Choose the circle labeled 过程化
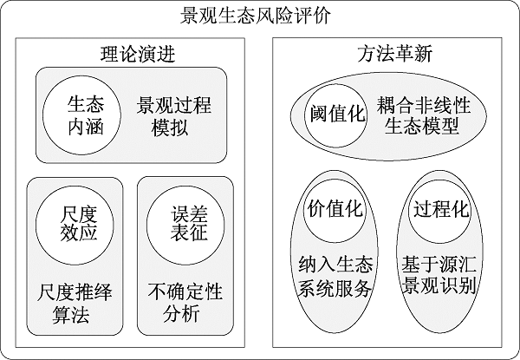441,209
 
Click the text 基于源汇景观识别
440,276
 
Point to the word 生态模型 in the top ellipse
424,128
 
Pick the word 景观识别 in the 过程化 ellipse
440,288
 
